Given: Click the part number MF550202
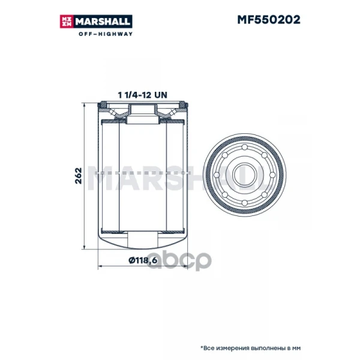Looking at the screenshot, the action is (269, 20).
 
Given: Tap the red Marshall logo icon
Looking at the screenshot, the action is (67, 22).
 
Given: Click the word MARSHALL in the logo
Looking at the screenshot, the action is (103, 22).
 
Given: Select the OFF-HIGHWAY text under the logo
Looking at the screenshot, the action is (106, 34).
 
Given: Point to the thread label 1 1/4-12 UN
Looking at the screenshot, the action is (142, 95).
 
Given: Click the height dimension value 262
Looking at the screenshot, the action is (79, 176).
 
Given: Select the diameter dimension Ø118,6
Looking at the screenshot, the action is (143, 260).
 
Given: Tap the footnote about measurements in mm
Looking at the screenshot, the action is (250, 348).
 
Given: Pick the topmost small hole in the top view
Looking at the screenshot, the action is (245, 147).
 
